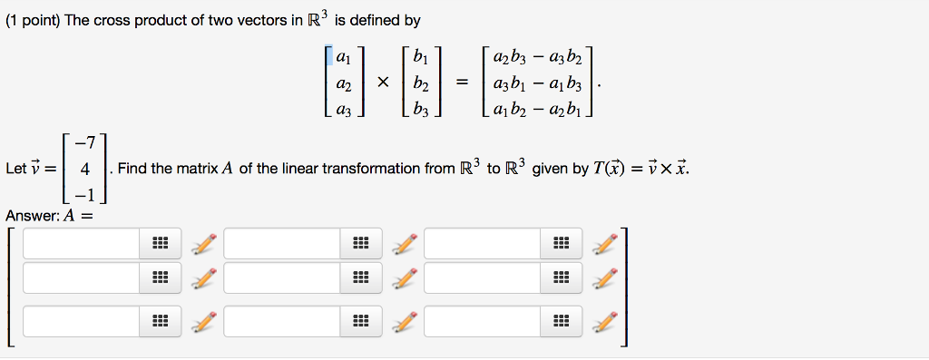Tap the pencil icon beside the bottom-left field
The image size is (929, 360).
point(205,321)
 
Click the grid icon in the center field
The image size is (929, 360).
point(360,277)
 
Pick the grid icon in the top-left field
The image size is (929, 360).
point(160,243)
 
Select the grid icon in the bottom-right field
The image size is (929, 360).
point(561,321)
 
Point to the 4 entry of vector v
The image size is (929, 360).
point(83,169)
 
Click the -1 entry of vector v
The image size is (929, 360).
point(83,193)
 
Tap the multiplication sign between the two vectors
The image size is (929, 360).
point(383,83)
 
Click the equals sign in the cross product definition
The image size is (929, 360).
point(463,83)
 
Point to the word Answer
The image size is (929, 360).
point(32,216)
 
